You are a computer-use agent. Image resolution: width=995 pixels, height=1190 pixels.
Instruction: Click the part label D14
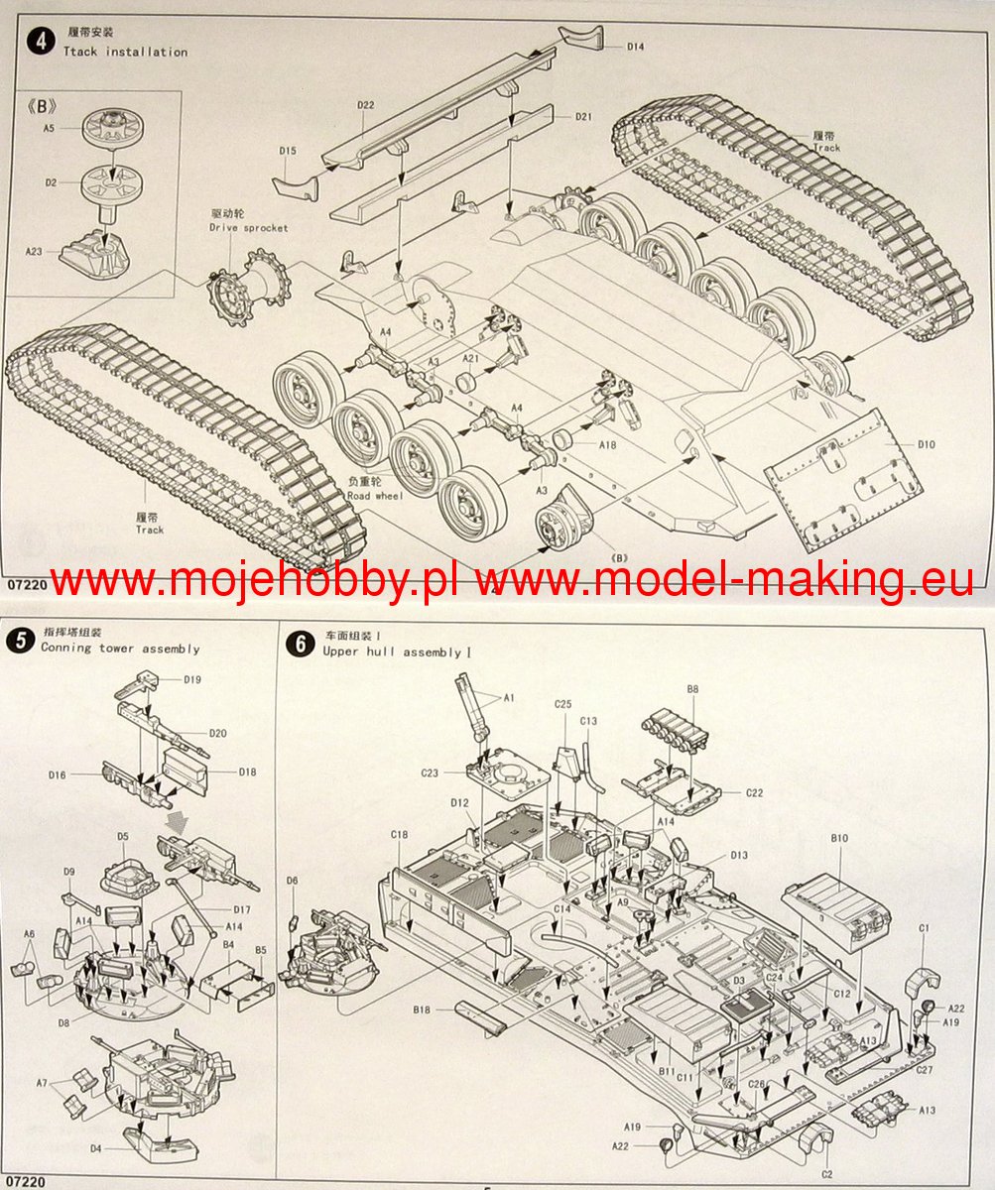635,46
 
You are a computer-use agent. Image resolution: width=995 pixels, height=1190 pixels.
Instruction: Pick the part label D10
926,444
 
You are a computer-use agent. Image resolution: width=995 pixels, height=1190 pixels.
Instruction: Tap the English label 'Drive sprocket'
248,228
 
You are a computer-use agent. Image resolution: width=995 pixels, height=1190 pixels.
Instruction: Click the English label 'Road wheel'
375,496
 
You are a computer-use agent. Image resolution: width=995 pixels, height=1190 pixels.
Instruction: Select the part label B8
692,687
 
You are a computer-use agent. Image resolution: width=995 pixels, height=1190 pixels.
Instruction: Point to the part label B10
839,839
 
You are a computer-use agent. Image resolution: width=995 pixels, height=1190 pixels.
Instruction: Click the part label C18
400,835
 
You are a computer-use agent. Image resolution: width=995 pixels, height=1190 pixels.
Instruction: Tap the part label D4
95,1148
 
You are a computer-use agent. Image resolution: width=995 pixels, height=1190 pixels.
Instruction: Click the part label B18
423,1011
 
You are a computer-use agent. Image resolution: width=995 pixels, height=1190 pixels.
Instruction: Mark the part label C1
924,928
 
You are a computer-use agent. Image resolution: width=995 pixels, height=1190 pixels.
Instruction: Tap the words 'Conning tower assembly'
120,649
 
